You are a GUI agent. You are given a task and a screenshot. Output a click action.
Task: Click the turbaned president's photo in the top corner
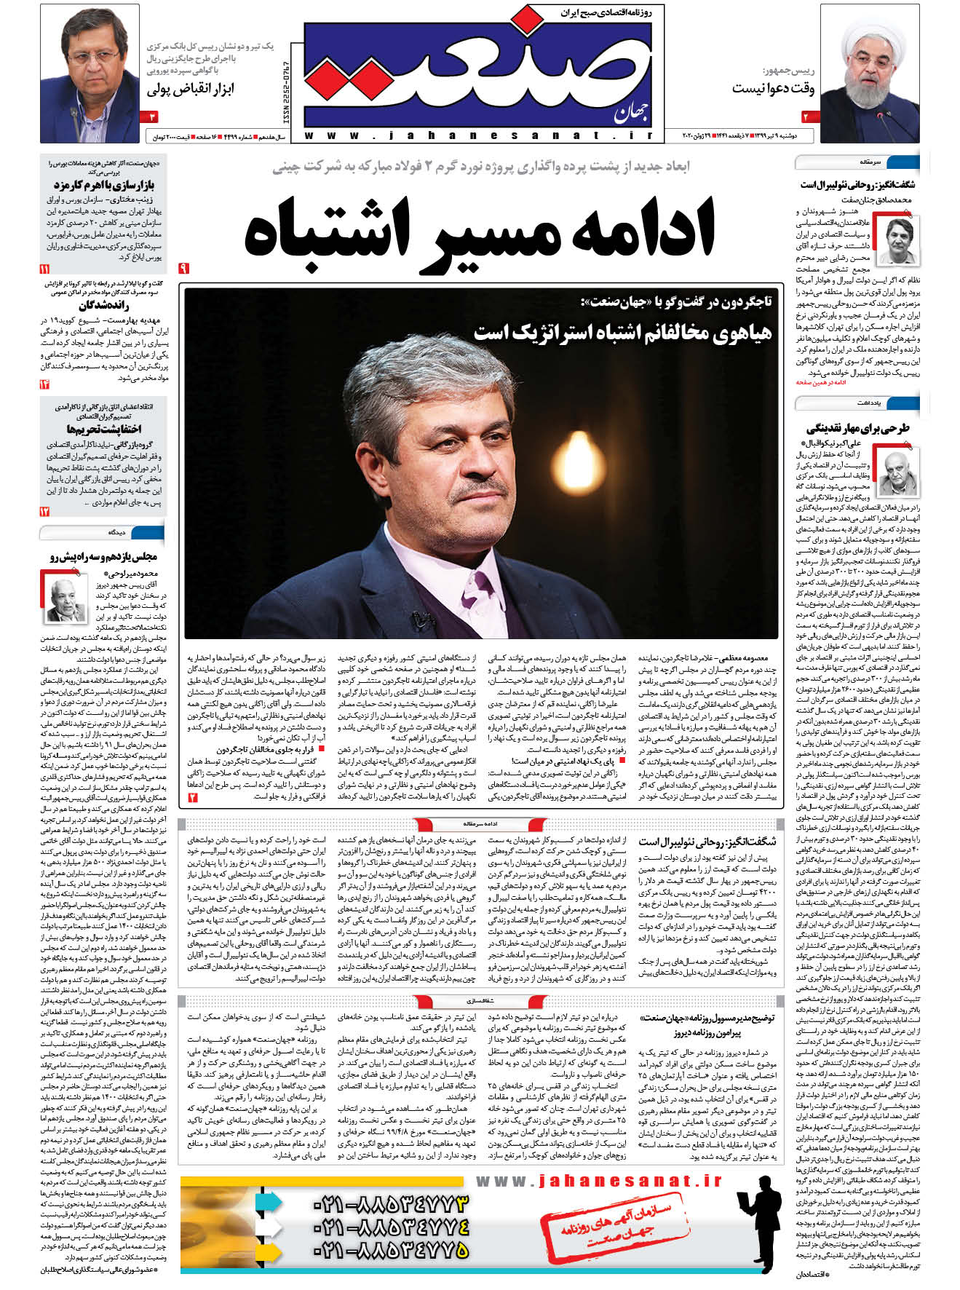869,73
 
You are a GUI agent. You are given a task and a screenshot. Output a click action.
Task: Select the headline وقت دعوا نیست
773,89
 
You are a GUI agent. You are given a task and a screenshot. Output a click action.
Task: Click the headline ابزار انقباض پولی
191,90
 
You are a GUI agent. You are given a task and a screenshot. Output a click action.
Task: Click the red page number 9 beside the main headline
183,269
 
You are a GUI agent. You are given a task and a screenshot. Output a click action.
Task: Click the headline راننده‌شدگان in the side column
104,306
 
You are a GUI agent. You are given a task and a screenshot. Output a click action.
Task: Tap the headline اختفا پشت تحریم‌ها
104,429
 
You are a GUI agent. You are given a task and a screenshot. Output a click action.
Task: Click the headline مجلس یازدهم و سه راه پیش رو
103,557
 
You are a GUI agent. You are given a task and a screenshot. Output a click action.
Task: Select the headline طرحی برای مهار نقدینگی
857,429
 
